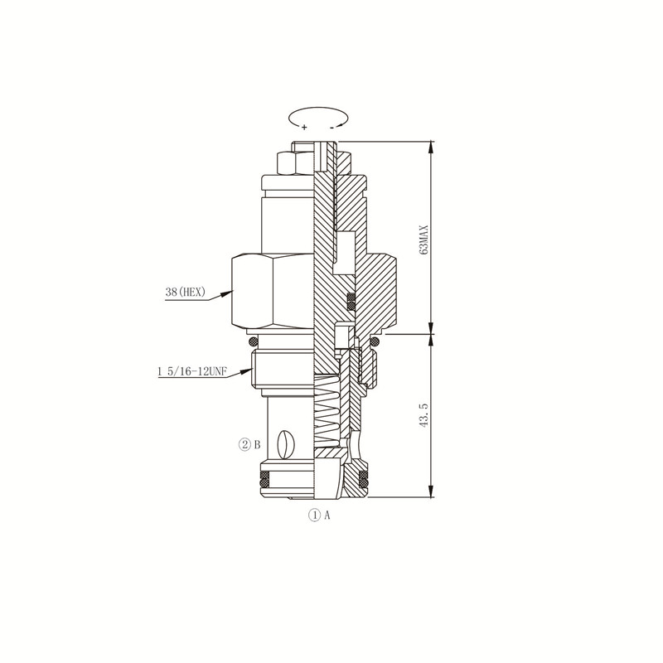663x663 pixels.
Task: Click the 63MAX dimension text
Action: point(424,240)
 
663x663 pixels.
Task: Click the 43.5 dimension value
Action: point(424,415)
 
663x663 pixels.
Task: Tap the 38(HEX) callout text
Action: point(185,292)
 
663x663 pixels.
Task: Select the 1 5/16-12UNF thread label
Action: point(192,371)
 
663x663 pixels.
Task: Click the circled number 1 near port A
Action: point(315,515)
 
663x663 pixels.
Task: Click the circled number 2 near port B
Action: point(244,444)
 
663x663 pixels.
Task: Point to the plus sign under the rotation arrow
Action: point(304,127)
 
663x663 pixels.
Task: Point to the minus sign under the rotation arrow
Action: point(332,127)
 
